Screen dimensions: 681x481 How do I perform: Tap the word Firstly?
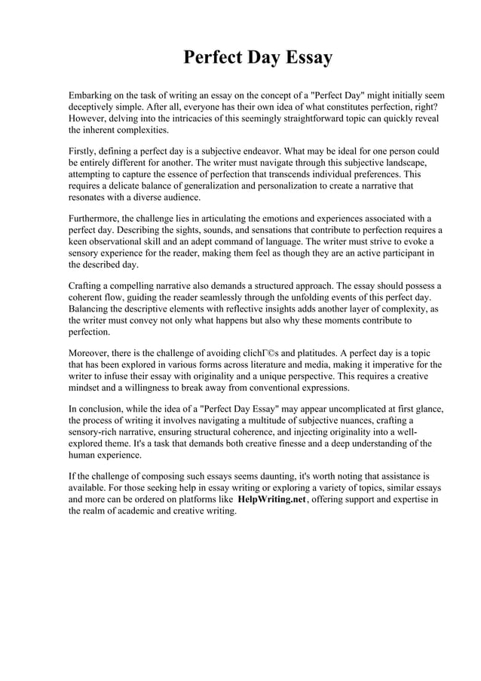coord(86,151)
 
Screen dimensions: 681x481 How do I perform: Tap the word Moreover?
coord(93,353)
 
